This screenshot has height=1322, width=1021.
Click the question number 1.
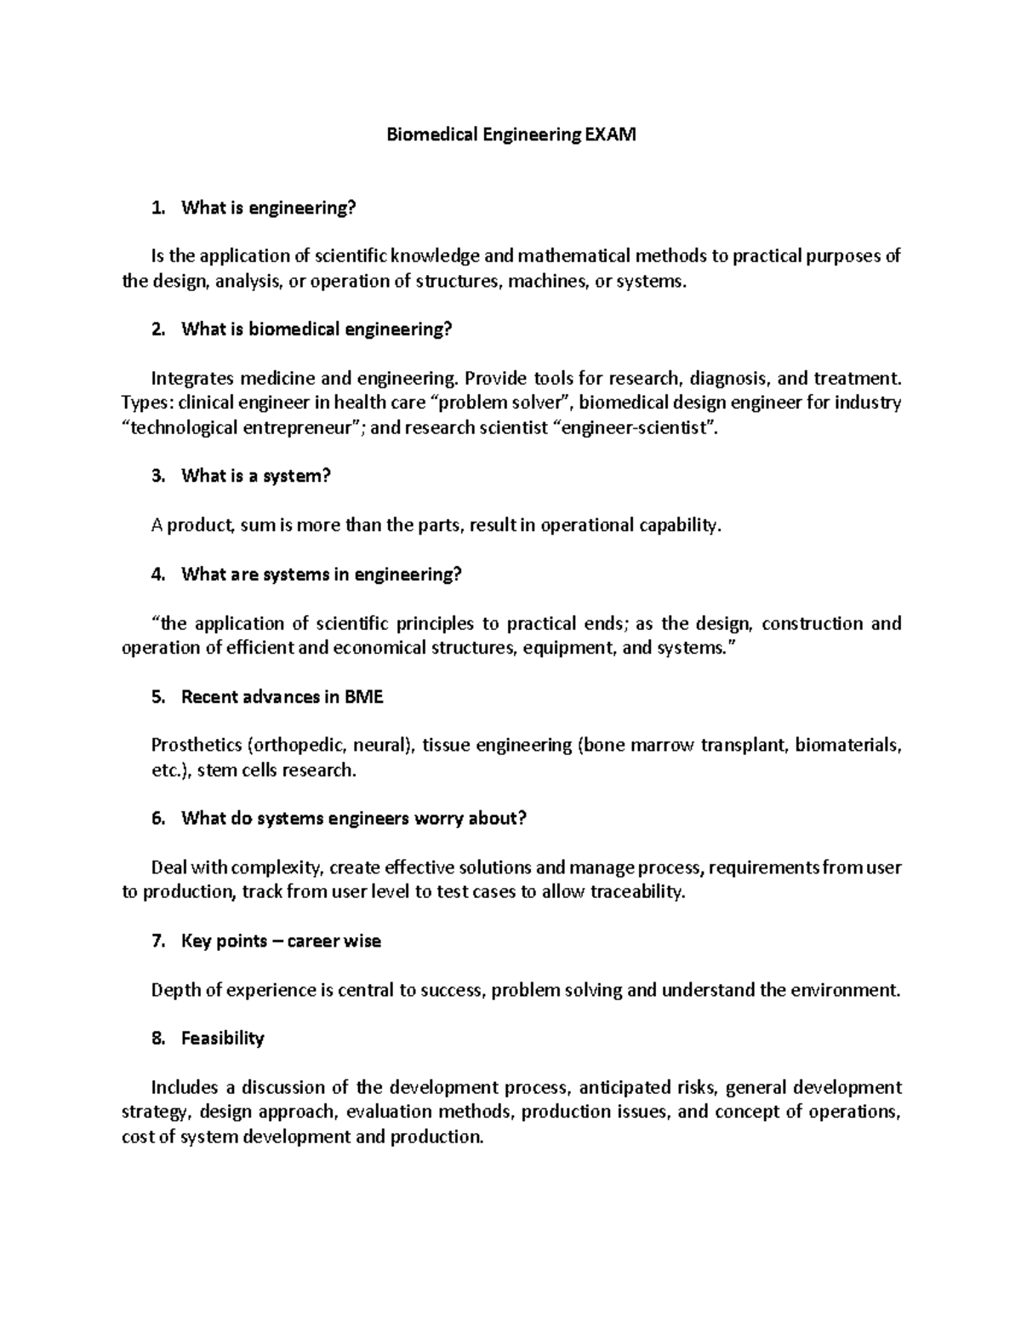click(x=155, y=208)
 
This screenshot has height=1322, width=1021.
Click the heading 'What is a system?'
click(x=255, y=476)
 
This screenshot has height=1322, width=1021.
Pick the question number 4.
click(x=156, y=575)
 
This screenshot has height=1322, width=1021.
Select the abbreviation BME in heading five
click(x=364, y=697)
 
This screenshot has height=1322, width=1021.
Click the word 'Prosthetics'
click(x=196, y=746)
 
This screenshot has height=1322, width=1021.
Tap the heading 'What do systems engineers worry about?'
click(x=354, y=819)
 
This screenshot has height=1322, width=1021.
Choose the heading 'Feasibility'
click(x=223, y=1039)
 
